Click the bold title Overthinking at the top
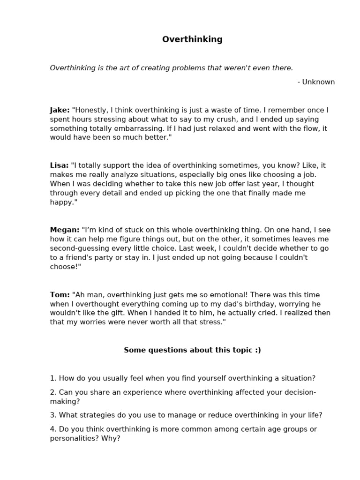(x=192, y=40)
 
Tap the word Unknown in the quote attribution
(x=318, y=82)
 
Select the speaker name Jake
(x=60, y=110)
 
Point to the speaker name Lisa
(x=59, y=165)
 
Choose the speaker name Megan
(x=65, y=230)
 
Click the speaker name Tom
(x=60, y=295)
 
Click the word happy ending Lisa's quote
(x=61, y=202)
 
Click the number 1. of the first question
(x=53, y=378)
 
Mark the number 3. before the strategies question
(x=53, y=415)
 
